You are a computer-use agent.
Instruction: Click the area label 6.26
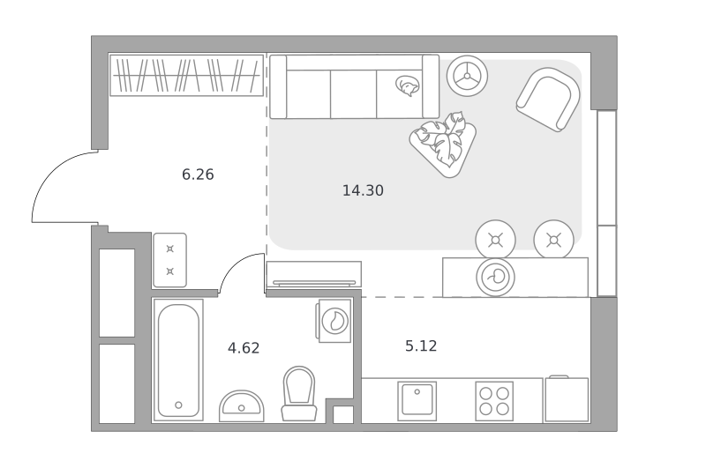tap(198, 175)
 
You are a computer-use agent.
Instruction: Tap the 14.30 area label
tap(363, 190)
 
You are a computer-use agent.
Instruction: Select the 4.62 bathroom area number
tap(244, 348)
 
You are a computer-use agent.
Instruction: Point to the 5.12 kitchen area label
tap(421, 345)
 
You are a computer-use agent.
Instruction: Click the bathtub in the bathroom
tap(178, 360)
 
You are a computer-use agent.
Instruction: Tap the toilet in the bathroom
tap(299, 393)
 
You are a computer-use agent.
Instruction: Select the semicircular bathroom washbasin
tap(242, 406)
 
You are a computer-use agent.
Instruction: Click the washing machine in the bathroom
tap(334, 321)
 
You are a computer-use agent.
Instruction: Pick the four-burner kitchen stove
tap(494, 401)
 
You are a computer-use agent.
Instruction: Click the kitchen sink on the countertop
tap(417, 401)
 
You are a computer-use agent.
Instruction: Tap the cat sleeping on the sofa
tap(407, 85)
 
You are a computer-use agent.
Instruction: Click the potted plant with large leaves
tap(444, 143)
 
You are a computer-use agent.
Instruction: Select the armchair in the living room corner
tap(548, 100)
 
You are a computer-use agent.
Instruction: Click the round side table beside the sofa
tap(467, 76)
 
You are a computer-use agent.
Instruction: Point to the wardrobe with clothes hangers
tap(187, 76)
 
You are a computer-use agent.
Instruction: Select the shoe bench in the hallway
tap(169, 260)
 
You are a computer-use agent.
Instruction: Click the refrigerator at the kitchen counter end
tap(567, 399)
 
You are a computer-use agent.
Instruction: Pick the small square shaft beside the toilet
tap(343, 414)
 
